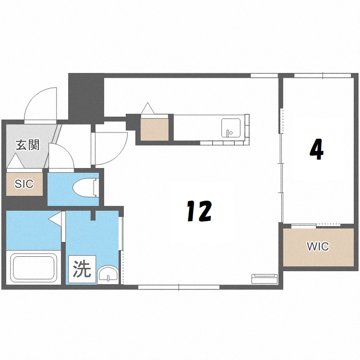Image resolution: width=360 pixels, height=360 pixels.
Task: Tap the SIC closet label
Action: coord(24,184)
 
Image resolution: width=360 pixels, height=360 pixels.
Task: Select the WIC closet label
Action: coord(318,246)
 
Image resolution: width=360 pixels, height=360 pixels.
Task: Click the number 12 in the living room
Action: coord(199,211)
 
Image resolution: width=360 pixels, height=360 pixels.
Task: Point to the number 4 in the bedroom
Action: coord(317,149)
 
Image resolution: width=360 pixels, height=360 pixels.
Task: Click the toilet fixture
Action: coord(85,188)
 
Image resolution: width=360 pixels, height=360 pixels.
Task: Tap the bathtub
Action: coord(35,268)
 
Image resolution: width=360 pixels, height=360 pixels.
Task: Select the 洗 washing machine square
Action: coord(82,269)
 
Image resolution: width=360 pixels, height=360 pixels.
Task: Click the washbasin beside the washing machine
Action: coord(108,275)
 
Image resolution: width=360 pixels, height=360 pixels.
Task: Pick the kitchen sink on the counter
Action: coord(231,128)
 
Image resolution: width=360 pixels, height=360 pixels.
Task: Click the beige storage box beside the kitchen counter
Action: coord(155,129)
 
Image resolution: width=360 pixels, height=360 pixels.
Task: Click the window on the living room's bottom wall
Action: coord(179,287)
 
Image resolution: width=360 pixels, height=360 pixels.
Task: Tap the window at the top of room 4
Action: coord(323,75)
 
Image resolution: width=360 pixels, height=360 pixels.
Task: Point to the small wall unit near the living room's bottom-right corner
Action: coord(264,278)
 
